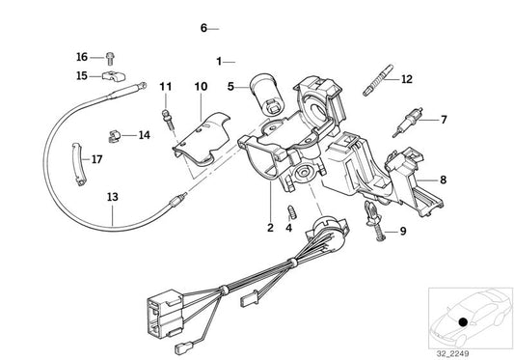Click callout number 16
81,58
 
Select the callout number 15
81,74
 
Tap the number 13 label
113,197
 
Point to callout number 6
203,28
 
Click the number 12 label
406,79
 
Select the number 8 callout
443,179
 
